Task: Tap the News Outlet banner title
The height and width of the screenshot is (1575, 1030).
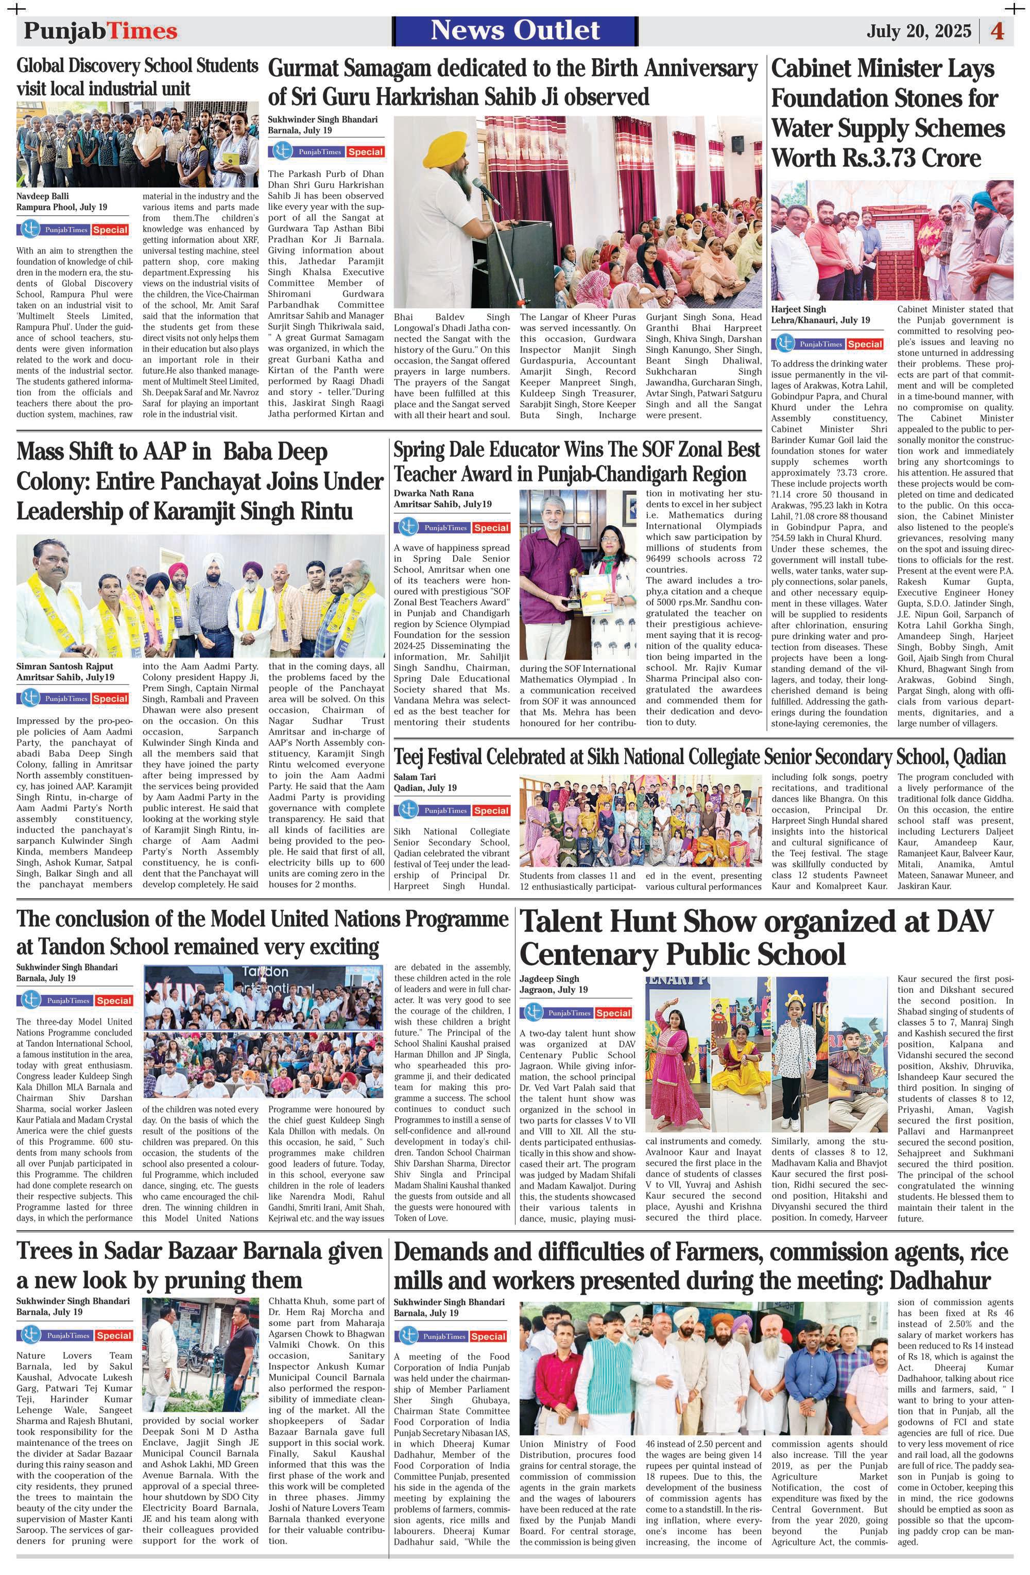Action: (515, 30)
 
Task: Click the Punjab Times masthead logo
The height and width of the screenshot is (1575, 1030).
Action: (100, 31)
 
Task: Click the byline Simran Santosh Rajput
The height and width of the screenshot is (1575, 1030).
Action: (65, 666)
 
